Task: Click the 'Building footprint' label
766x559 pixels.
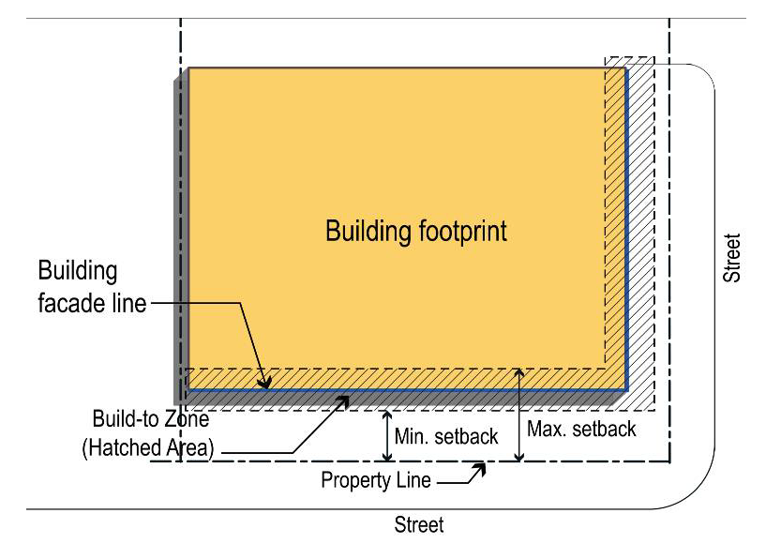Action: point(416,231)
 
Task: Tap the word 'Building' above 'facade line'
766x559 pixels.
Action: point(78,271)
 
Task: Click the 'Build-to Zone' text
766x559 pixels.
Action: point(151,418)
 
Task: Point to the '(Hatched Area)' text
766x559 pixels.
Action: point(148,447)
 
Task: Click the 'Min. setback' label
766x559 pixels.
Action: point(446,436)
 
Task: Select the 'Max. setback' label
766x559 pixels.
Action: point(581,429)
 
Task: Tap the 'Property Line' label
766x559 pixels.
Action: point(376,480)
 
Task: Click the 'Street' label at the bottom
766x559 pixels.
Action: point(419,525)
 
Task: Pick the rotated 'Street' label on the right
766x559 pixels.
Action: point(731,258)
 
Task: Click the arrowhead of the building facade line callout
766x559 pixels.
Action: point(264,383)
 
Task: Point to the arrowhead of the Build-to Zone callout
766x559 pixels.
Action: point(344,400)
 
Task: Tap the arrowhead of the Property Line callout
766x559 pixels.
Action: point(480,468)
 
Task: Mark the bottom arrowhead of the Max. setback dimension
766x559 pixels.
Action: point(519,457)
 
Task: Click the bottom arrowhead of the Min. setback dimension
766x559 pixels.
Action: point(387,457)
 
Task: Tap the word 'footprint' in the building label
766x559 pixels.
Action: point(462,231)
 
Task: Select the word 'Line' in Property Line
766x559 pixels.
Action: point(413,480)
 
